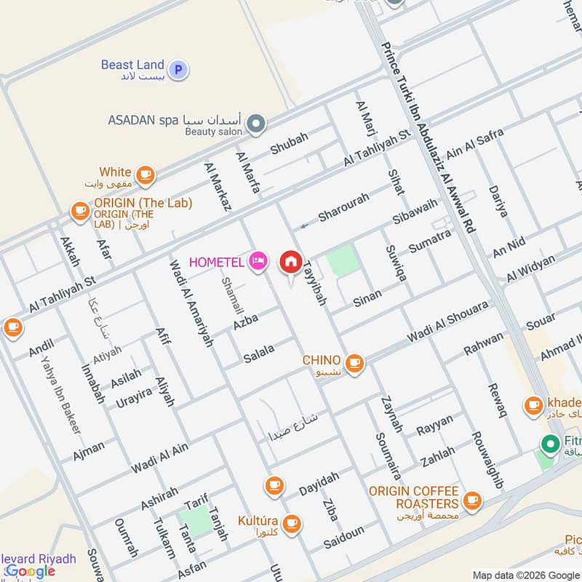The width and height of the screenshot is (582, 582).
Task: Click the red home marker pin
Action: tap(291, 262)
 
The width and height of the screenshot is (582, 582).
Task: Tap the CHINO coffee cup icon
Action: tap(354, 362)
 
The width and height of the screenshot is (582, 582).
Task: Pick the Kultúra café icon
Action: tap(292, 522)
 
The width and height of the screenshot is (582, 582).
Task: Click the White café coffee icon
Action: tap(145, 174)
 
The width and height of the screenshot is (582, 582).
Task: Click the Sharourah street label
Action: tap(344, 207)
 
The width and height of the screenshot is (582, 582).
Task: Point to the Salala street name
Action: tap(259, 351)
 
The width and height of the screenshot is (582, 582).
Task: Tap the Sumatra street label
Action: tap(429, 241)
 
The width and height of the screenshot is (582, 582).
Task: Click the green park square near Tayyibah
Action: tap(343, 261)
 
